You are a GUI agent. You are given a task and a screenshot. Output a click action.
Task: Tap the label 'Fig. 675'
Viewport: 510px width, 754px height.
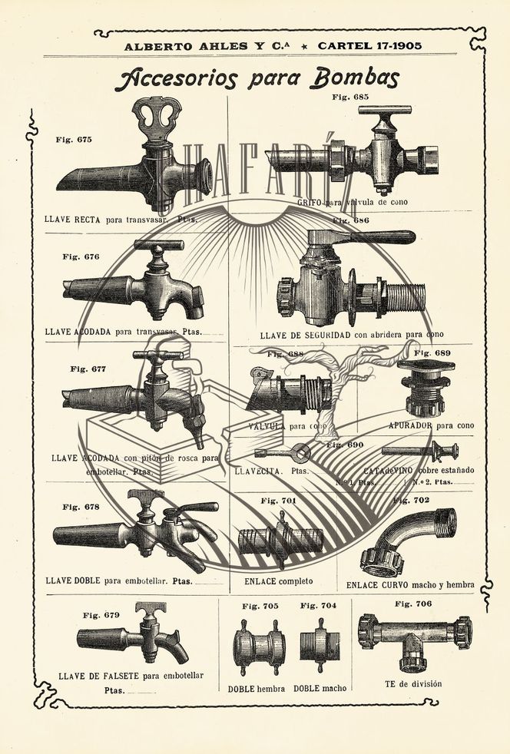[x=74, y=140]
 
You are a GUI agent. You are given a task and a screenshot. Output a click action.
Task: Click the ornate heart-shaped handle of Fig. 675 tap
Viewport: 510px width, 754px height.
[x=156, y=117]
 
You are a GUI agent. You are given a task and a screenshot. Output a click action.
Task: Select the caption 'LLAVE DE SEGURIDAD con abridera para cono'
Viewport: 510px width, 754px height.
[x=351, y=335]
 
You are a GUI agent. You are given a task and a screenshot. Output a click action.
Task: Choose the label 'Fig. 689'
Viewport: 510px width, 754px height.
[x=432, y=353]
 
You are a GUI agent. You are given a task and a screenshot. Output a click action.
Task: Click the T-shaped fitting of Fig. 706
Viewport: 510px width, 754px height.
[x=414, y=634]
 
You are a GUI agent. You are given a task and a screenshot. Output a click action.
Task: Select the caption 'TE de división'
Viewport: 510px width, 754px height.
[x=413, y=684]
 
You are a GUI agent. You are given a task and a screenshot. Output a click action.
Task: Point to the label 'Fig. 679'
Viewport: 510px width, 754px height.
[x=101, y=615]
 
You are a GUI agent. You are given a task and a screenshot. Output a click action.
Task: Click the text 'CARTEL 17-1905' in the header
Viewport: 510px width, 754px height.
[x=364, y=45]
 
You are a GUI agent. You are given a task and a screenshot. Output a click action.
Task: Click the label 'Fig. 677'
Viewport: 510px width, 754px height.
[x=88, y=369]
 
